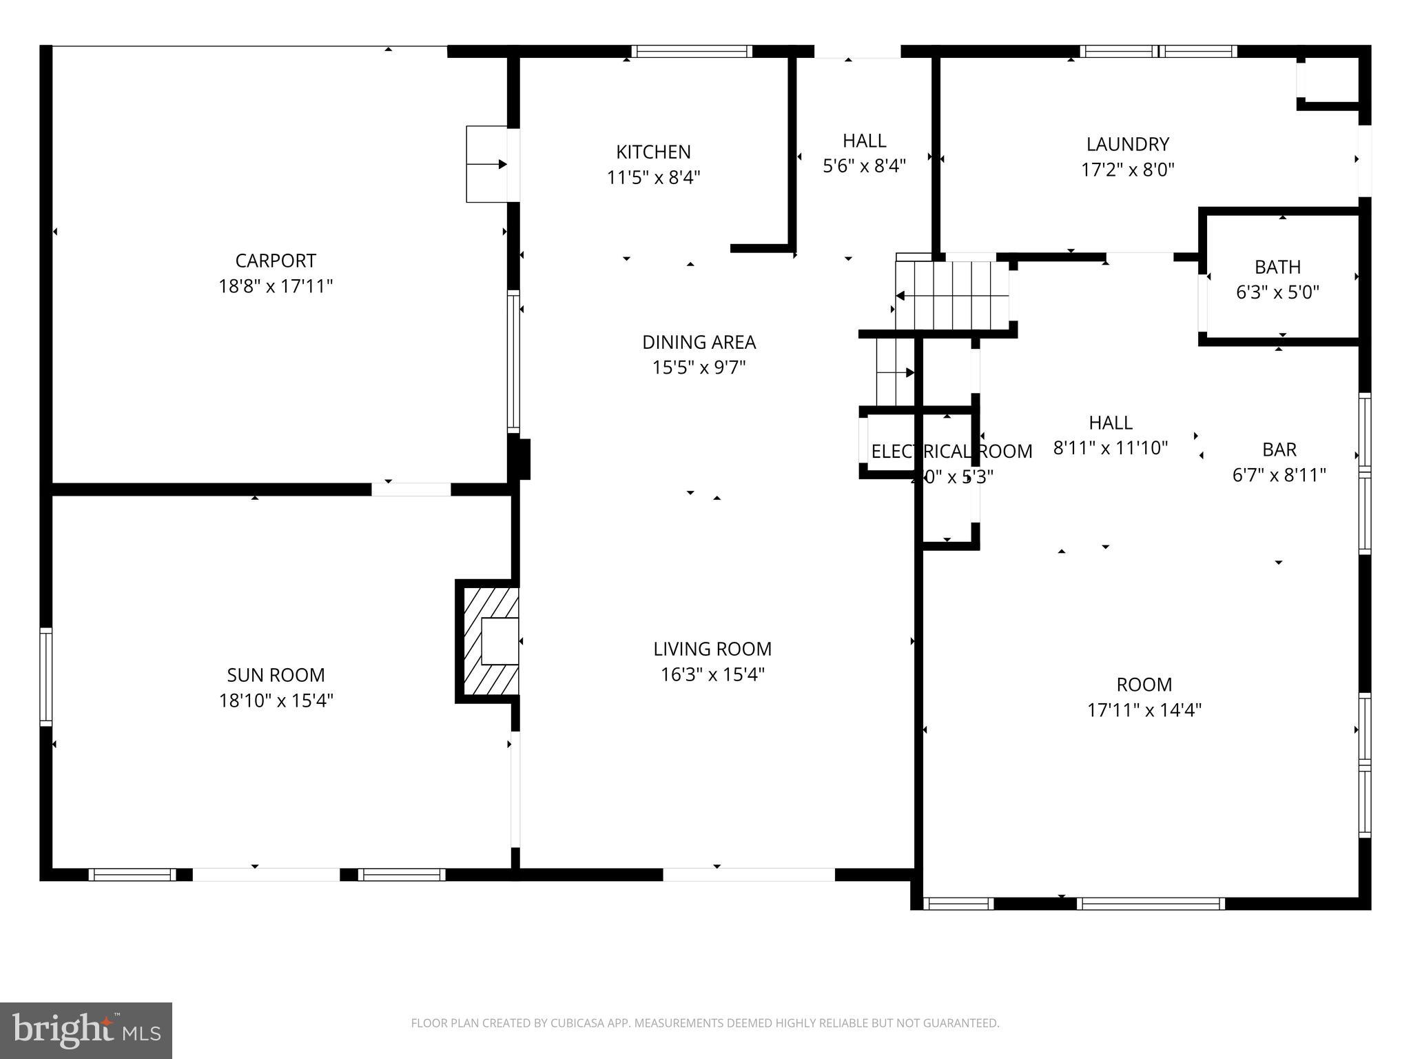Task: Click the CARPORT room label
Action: pyautogui.click(x=276, y=261)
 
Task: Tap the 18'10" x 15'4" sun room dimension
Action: pyautogui.click(x=276, y=700)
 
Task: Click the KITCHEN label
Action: pyautogui.click(x=653, y=152)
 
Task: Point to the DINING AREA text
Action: pyautogui.click(x=699, y=342)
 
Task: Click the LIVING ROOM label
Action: pyautogui.click(x=712, y=649)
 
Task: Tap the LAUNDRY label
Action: pyautogui.click(x=1127, y=144)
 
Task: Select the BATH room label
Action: pyautogui.click(x=1277, y=267)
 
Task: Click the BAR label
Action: pyautogui.click(x=1279, y=450)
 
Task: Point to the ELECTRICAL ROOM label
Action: pyautogui.click(x=951, y=452)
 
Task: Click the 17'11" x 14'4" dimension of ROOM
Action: pyautogui.click(x=1144, y=710)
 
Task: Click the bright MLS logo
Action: pyautogui.click(x=86, y=1030)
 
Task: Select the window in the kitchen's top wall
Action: pyautogui.click(x=691, y=51)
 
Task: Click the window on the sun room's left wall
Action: pyautogui.click(x=45, y=676)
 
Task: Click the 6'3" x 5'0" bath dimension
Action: pyautogui.click(x=1277, y=292)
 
